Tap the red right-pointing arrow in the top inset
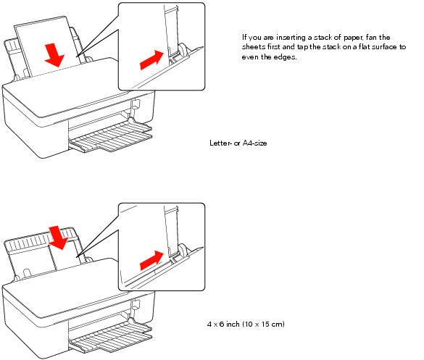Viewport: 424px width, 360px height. [149, 58]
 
